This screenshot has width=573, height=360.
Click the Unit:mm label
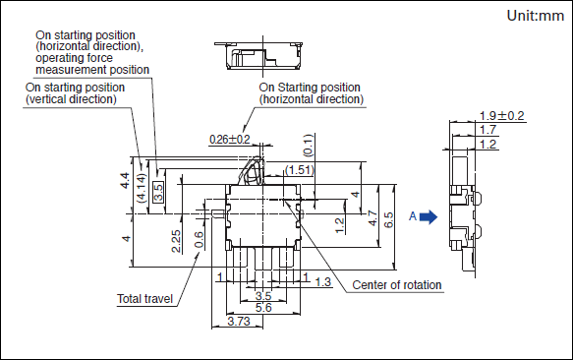point(536,16)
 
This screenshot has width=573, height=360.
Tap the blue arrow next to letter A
point(429,217)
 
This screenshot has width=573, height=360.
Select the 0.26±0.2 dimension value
point(230,140)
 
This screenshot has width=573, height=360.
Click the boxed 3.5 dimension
point(158,192)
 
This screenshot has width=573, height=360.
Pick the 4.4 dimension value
point(125,181)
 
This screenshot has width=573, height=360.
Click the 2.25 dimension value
point(176,241)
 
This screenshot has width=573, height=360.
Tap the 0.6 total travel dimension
point(200,240)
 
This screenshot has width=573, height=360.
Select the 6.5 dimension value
point(388,220)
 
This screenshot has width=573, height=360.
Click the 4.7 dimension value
point(372,218)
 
